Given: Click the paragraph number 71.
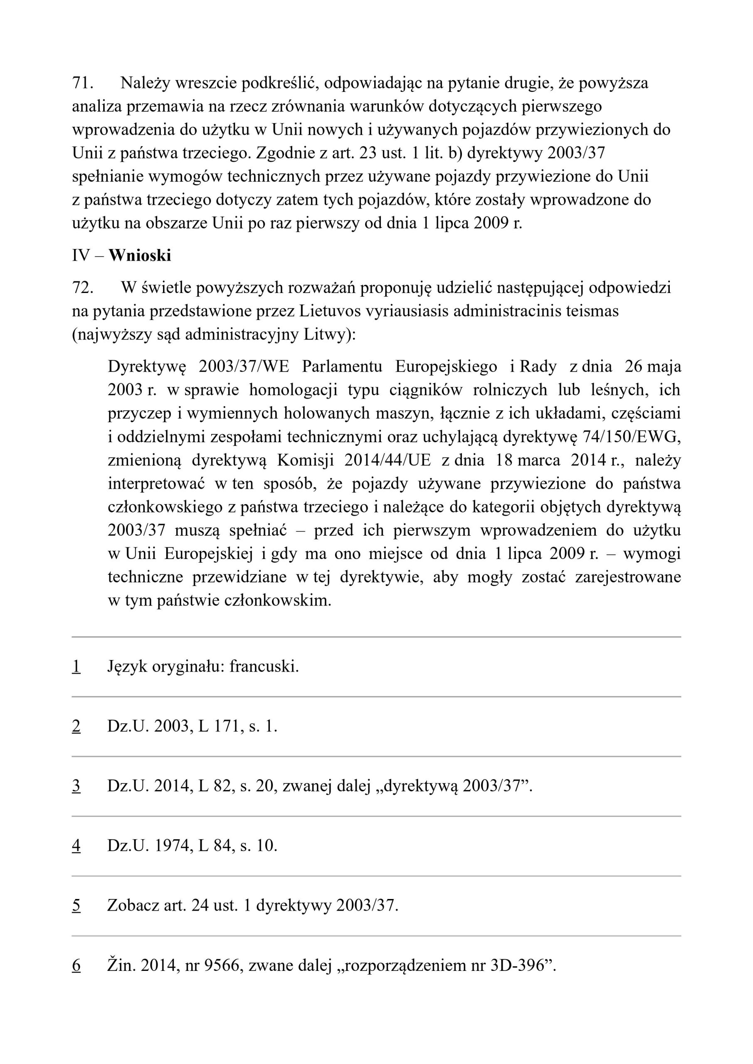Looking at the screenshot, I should tap(81, 84).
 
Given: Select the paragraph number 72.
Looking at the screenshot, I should tap(81, 288).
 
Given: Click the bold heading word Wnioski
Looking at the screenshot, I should tap(140, 255).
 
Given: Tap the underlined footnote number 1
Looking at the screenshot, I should tap(76, 666).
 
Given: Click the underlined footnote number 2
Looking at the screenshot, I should tap(76, 726).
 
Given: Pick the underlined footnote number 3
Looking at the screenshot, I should tap(76, 786).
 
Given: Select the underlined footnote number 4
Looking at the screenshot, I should tap(76, 846).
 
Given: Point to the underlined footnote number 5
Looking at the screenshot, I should tap(76, 906).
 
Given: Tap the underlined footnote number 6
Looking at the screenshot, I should tap(76, 965).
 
